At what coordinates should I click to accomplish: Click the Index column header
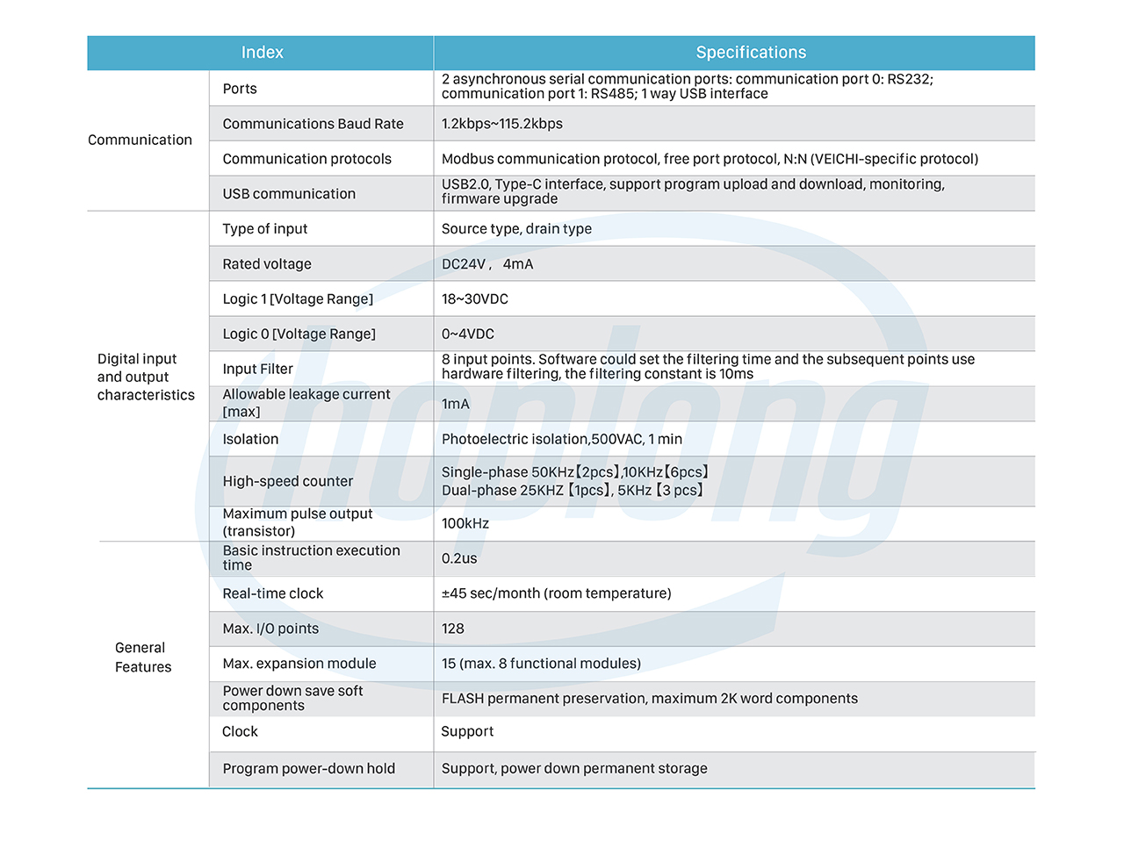point(262,53)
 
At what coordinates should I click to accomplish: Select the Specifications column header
point(751,53)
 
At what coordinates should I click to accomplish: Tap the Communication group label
point(140,140)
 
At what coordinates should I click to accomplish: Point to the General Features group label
point(143,658)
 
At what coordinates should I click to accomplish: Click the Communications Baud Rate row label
point(313,124)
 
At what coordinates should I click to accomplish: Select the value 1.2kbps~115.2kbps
point(502,124)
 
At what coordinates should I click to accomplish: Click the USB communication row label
point(289,194)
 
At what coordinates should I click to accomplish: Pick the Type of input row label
point(264,229)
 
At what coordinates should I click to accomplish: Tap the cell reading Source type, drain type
point(516,229)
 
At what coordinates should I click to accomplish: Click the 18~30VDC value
point(475,299)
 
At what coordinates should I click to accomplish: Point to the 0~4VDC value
point(468,334)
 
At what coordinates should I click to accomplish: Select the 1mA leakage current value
point(456,404)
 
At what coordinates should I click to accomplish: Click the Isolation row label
point(250,439)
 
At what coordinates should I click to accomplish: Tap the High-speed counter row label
point(287,481)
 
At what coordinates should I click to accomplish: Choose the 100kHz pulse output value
point(465,523)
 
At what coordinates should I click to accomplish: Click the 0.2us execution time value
point(459,558)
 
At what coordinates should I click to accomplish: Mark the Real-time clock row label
point(272,593)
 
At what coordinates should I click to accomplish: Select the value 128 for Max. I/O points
point(453,629)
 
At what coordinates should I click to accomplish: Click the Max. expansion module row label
point(299,664)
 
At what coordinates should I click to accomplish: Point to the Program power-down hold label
point(308,769)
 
